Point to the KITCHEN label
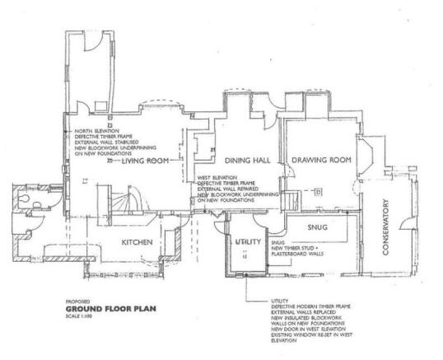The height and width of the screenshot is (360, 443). pos(139,243)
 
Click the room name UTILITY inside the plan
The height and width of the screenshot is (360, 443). pos(248,241)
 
